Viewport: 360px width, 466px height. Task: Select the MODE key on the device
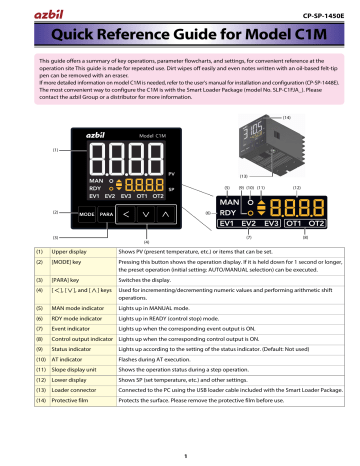pos(58,213)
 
